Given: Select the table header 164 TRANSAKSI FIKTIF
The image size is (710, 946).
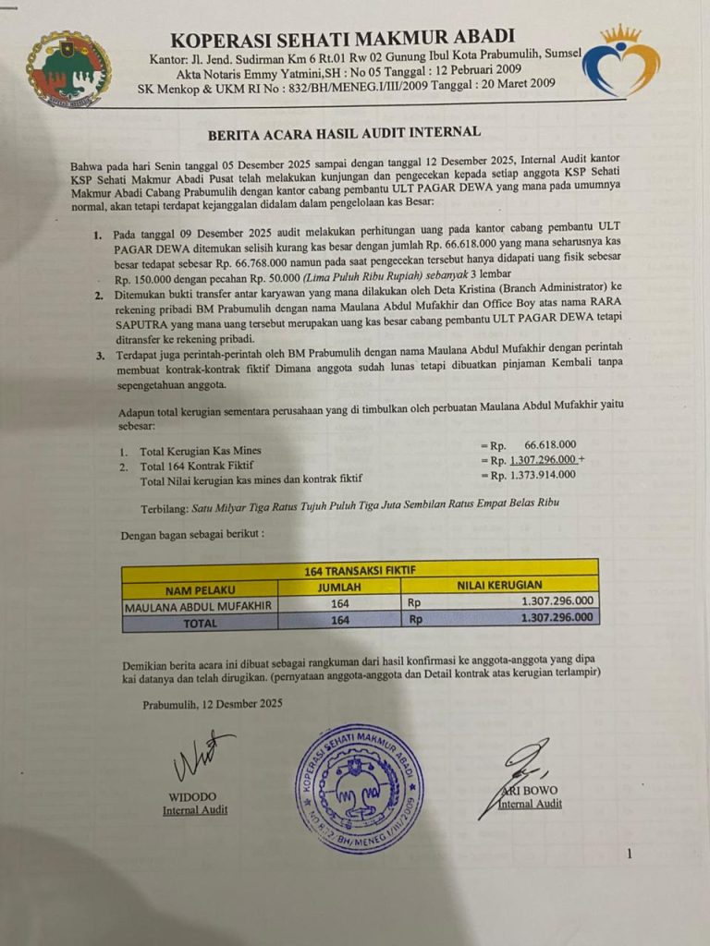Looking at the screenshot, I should tap(359, 570).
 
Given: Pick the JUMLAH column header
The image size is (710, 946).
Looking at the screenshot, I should tap(339, 587).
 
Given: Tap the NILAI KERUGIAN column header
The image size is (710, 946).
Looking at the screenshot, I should tap(499, 586).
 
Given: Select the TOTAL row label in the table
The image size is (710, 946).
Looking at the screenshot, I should tap(201, 622).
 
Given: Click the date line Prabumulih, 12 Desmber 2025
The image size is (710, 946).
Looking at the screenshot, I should tap(213, 704).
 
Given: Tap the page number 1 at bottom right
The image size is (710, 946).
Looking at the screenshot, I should tap(630, 855).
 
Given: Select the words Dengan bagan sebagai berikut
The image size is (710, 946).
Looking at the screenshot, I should tap(192, 535).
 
